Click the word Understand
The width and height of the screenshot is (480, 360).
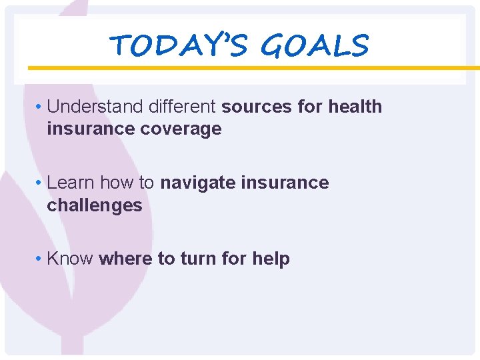coord(89,107)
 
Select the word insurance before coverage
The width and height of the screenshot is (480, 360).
coord(90,129)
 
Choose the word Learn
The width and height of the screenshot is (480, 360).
coord(68,183)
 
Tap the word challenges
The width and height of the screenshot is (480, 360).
coord(94,205)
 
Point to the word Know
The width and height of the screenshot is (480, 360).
coord(70,259)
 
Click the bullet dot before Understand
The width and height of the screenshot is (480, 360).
coord(40,107)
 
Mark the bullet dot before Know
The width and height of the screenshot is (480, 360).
coord(40,259)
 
